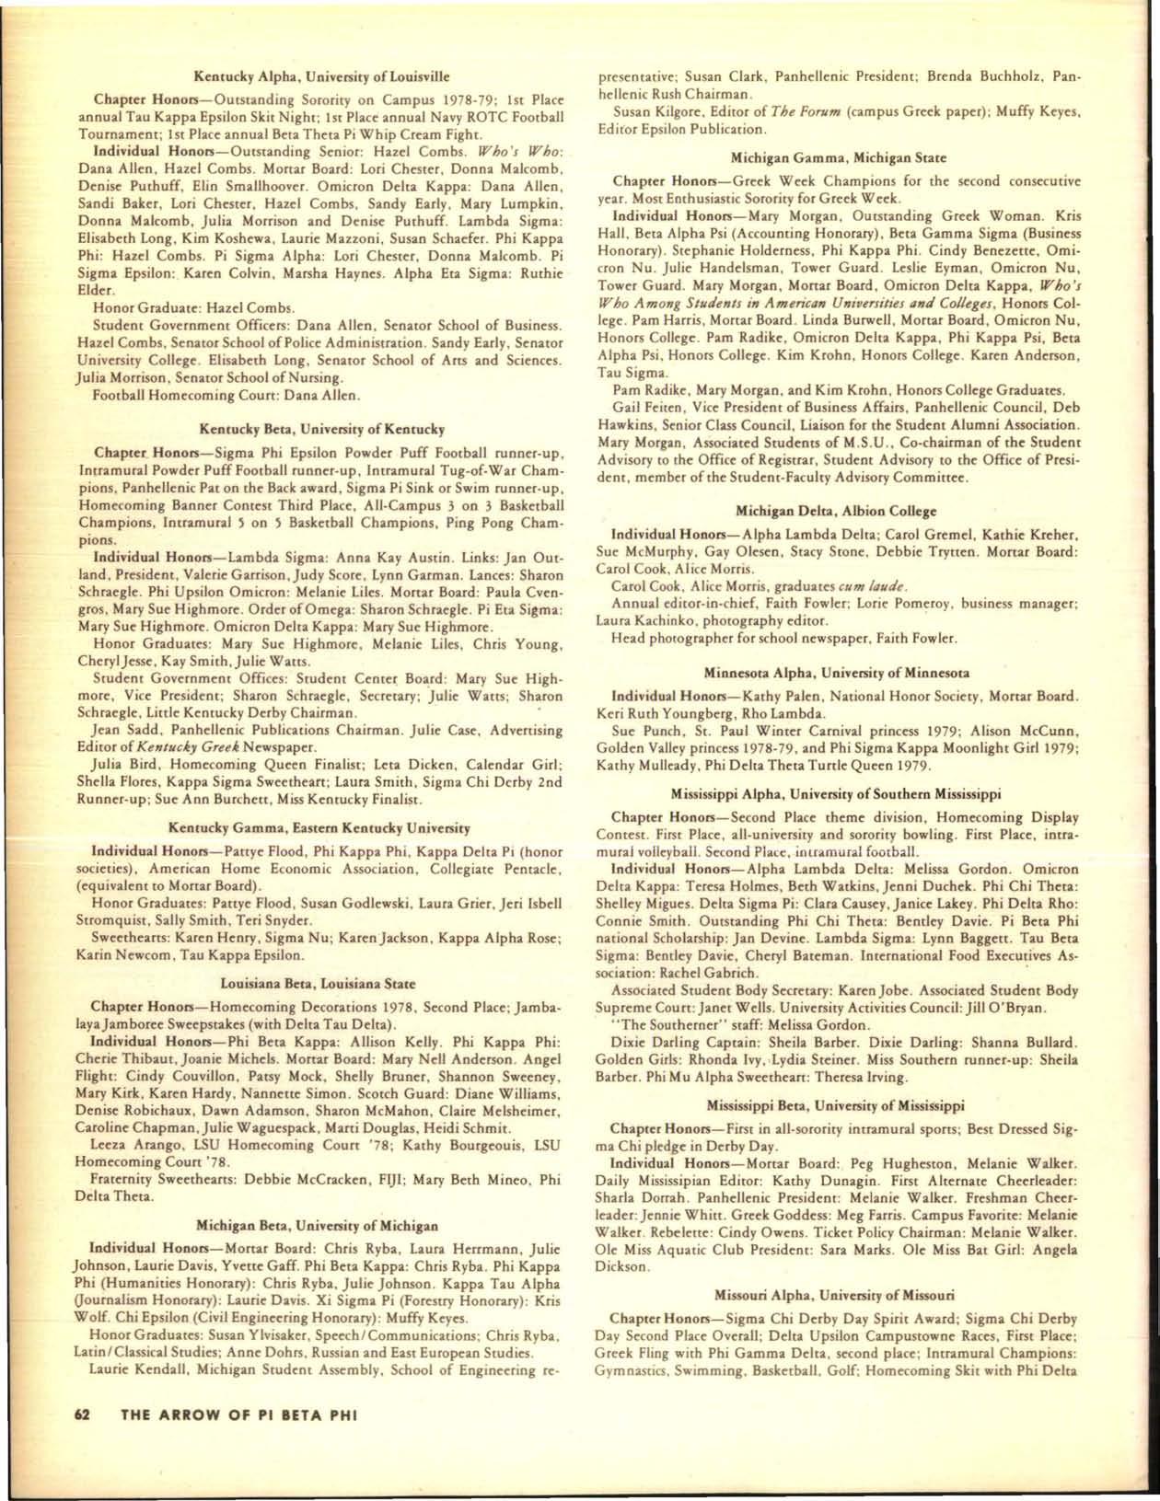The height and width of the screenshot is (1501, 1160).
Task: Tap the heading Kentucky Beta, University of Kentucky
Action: point(322,429)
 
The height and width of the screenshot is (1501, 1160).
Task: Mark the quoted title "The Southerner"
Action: point(662,1024)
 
